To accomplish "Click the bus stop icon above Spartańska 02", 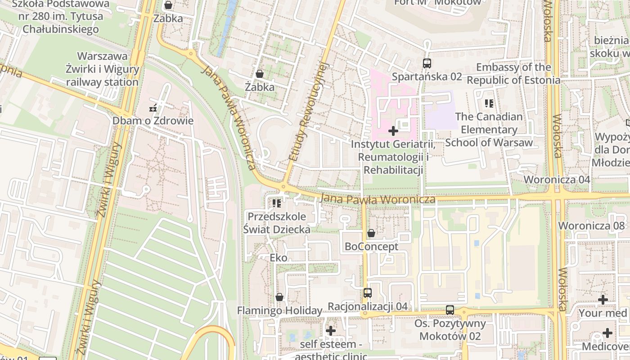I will pos(427,63).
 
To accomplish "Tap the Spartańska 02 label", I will pos(427,76).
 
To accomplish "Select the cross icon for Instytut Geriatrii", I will pos(393,131).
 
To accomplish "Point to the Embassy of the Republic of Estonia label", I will pos(513,74).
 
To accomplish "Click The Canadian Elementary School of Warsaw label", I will pos(489,130).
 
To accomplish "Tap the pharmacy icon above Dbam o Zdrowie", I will pos(153,108).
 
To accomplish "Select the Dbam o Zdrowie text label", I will pos(153,121).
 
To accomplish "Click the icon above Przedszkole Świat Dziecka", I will pos(276,203).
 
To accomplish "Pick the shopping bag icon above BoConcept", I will pos(371,233).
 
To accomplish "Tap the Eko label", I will pos(278,258).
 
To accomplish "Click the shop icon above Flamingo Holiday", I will pos(279,297).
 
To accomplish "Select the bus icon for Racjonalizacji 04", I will pos(368,293).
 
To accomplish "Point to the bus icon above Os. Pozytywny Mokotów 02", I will pos(450,310).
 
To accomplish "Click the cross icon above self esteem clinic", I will pos(331,331).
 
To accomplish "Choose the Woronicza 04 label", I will pos(557,180).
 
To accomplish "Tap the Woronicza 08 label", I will pos(591,225).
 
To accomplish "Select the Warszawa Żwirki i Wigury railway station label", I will pos(103,69).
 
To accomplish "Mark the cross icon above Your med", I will pos(603,299).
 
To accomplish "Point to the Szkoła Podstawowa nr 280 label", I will pos(60,17).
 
